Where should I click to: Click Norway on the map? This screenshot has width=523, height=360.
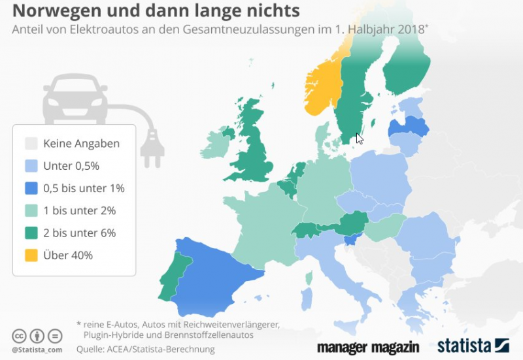tap(322, 85)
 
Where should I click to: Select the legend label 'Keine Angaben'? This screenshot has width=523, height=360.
tap(81, 144)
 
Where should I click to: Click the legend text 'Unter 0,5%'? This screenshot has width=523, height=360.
tap(71, 166)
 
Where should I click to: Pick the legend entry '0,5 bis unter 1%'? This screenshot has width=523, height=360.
tap(84, 188)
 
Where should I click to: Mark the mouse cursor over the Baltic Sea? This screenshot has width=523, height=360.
tap(359, 138)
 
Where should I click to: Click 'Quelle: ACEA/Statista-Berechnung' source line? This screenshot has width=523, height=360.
tap(144, 349)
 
